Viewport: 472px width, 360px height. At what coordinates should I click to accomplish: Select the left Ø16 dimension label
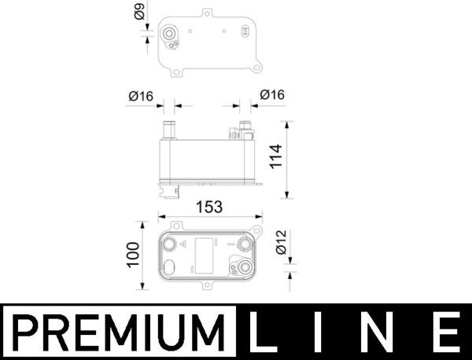[140, 95]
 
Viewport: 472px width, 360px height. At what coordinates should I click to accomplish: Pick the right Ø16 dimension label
[272, 95]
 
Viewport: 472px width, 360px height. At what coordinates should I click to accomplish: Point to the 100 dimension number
[133, 255]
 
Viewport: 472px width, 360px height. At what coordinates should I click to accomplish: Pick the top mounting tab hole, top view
[207, 13]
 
